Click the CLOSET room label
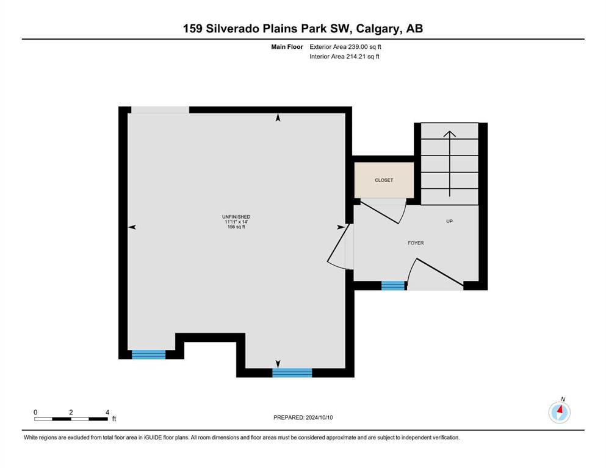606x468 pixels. (x=384, y=180)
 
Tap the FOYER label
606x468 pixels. (x=416, y=243)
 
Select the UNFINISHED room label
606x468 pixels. (x=236, y=217)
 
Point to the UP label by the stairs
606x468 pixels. (x=450, y=221)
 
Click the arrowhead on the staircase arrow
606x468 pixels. (x=450, y=134)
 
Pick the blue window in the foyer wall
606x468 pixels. (x=393, y=286)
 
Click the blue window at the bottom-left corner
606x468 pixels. (x=148, y=355)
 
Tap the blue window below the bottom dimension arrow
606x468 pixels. (x=292, y=373)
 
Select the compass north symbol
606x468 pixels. (x=559, y=412)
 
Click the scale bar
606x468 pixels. (x=71, y=419)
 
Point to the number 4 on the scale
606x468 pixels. (x=107, y=412)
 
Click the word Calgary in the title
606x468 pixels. (x=378, y=29)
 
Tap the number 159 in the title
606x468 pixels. (x=192, y=29)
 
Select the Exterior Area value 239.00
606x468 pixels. (x=357, y=47)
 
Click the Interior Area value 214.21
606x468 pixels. (x=355, y=56)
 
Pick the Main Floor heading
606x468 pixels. (x=287, y=47)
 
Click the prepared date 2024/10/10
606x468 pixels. (x=319, y=417)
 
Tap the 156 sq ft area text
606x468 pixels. (x=236, y=227)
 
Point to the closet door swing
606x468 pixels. (x=383, y=211)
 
